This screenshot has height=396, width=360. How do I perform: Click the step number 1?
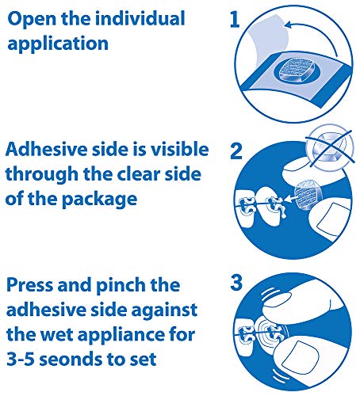tap(235, 21)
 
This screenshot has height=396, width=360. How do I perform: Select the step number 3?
tap(235, 283)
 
